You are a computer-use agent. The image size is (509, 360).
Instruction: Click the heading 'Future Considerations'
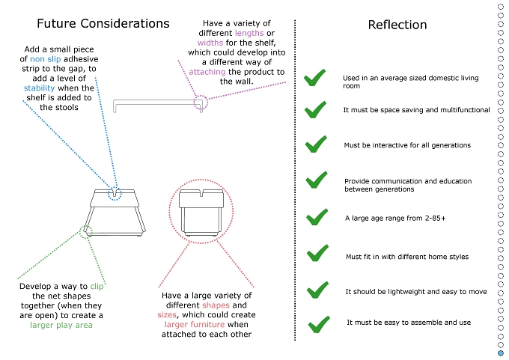[103, 23]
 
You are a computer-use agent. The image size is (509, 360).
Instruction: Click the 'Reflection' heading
[397, 25]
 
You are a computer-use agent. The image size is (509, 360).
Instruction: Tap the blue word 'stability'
[39, 88]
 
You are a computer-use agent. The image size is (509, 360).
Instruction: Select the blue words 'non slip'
[46, 59]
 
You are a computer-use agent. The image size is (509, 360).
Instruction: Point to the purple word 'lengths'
[249, 34]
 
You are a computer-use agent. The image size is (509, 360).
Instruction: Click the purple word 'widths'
[210, 43]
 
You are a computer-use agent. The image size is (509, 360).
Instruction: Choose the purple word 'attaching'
[207, 72]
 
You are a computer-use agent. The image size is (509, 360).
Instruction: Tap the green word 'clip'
[97, 287]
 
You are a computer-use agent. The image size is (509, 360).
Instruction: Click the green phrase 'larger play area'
[61, 326]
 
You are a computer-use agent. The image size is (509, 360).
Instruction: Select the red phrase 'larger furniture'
[195, 325]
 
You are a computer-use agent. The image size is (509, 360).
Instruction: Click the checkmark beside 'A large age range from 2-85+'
[317, 217]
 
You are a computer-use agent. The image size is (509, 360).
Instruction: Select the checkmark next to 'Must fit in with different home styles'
[317, 253]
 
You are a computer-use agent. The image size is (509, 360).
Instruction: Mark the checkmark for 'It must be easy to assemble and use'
[319, 324]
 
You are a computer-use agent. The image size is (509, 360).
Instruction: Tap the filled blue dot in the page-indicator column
[501, 353]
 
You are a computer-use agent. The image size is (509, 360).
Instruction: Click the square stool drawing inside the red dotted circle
[201, 213]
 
